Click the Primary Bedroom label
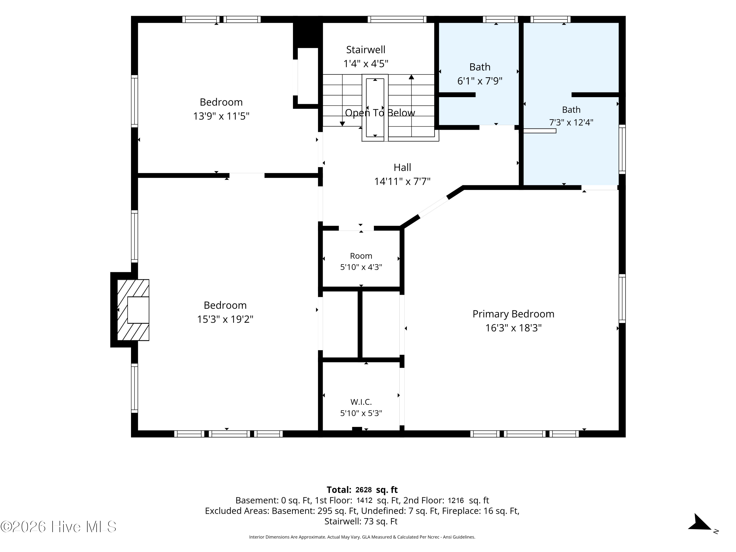click(513, 314)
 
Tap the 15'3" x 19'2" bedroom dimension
click(225, 319)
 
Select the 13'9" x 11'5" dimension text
click(221, 116)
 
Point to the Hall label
click(402, 167)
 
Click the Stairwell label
click(366, 50)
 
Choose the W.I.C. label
click(361, 402)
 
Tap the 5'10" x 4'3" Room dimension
click(361, 267)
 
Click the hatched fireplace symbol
click(133, 310)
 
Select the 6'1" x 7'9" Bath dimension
click(480, 81)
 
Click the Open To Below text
click(380, 113)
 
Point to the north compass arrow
click(700, 523)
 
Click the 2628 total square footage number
click(364, 490)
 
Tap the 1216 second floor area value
click(456, 500)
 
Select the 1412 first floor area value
click(364, 500)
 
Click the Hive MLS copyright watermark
click(59, 527)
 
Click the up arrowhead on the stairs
click(411, 77)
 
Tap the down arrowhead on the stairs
click(342, 124)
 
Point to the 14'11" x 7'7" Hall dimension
click(402, 181)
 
